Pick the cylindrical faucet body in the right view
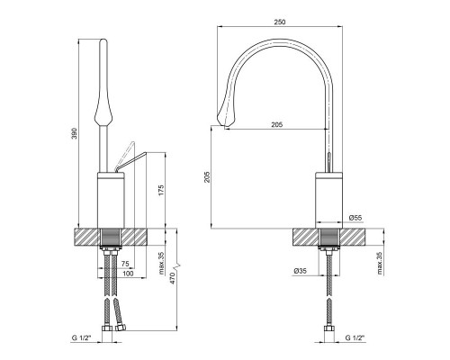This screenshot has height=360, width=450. (329, 201)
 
